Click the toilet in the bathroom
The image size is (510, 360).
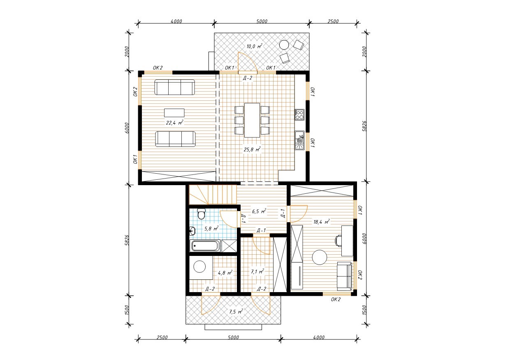click(x=201, y=214)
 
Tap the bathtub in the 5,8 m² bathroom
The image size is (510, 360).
click(x=205, y=246)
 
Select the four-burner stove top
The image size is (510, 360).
click(x=299, y=115)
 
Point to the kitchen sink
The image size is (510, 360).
click(x=299, y=140)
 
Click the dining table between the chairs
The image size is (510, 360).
click(x=252, y=120)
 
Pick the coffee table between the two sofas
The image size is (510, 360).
click(x=174, y=113)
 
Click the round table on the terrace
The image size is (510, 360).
click(x=284, y=44)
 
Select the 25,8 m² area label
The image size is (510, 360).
click(x=252, y=150)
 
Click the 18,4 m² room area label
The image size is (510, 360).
click(x=322, y=222)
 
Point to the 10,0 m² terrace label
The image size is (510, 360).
click(x=254, y=46)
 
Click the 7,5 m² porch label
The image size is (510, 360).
click(x=236, y=311)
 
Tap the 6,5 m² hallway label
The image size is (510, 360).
click(x=259, y=211)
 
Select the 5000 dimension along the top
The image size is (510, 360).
click(x=262, y=21)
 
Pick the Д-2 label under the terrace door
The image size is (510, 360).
click(x=248, y=78)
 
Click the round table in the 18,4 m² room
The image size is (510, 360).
click(x=320, y=257)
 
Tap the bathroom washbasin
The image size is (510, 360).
click(x=192, y=231)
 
